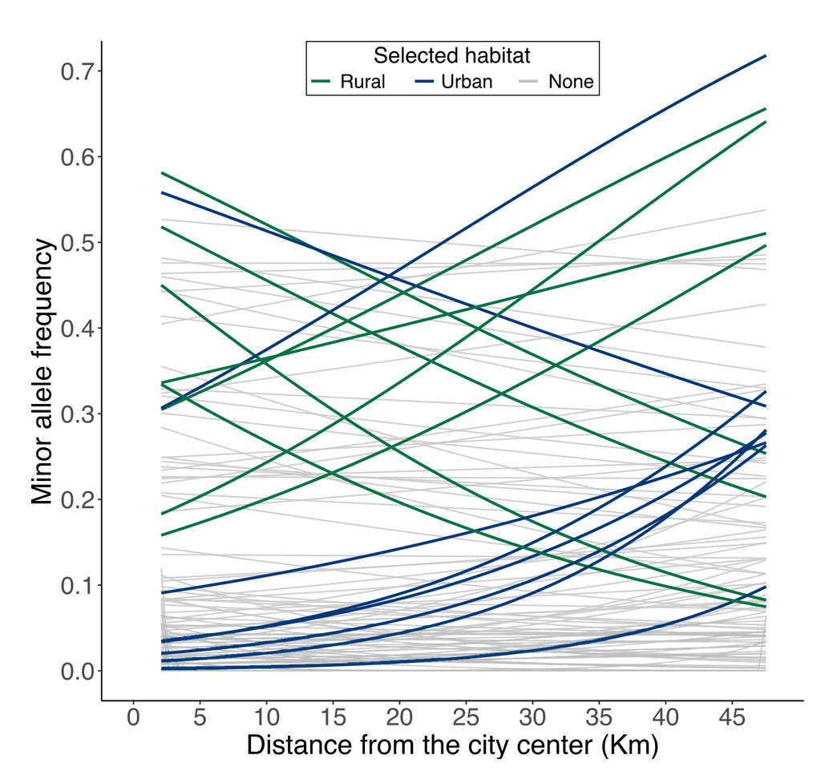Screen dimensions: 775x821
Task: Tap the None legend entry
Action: pos(571,82)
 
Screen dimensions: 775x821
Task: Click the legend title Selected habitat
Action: pos(452,56)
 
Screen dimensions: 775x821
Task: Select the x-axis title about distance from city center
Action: pos(452,745)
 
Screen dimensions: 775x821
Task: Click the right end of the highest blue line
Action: pos(766,56)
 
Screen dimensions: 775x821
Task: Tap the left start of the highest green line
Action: pos(163,172)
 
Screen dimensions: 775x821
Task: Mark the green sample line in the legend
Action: pos(322,82)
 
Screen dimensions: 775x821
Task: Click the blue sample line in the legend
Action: pos(425,82)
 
